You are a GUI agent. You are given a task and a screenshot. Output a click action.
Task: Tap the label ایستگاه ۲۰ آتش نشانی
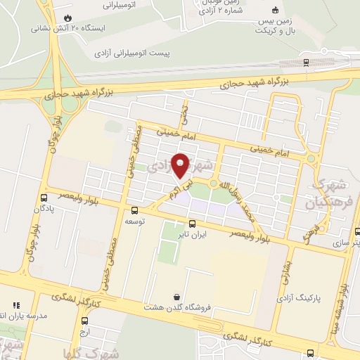67,30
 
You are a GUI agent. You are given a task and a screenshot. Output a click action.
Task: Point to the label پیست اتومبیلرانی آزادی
135,53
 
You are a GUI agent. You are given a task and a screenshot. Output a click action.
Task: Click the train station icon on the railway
307,62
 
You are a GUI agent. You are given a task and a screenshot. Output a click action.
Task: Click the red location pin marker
180,166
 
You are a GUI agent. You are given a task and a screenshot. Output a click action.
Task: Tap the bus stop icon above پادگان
43,198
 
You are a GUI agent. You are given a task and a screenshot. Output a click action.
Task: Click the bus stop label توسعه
134,221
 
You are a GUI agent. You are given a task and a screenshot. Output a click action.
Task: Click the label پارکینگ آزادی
319,298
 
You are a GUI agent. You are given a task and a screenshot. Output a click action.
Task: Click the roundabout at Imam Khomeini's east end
310,159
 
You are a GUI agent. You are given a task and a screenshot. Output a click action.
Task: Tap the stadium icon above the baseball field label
276,10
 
